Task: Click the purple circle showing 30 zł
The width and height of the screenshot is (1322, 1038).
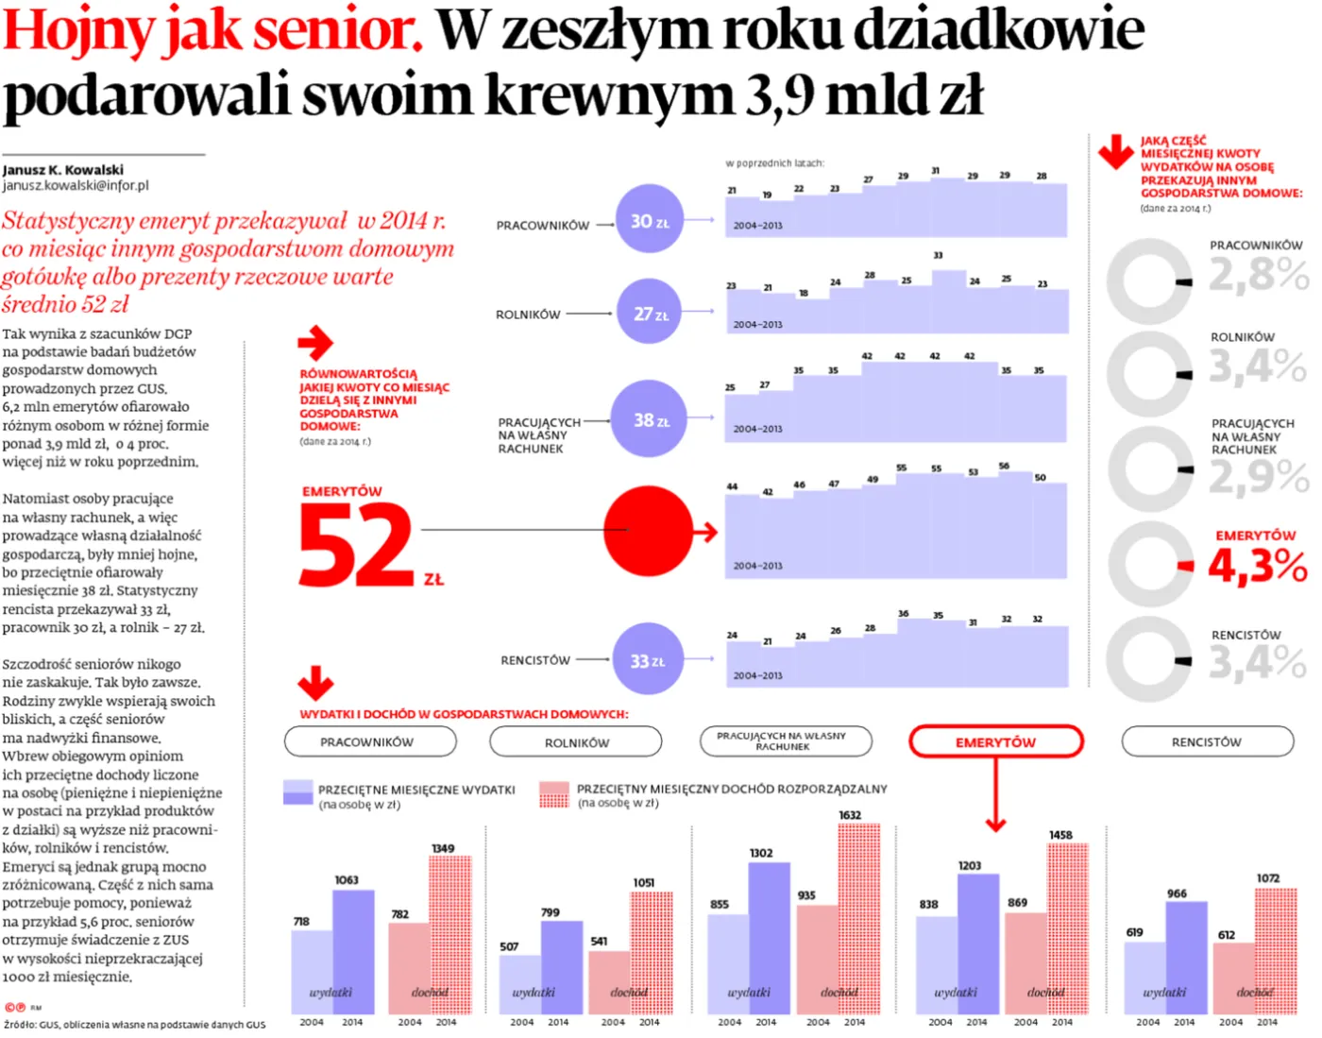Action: click(649, 219)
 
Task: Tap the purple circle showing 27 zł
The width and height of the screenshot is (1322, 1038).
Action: click(649, 313)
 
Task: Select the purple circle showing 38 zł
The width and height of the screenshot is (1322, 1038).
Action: click(649, 418)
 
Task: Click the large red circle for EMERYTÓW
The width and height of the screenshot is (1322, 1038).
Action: click(649, 531)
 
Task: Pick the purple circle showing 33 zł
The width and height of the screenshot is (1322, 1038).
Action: click(647, 659)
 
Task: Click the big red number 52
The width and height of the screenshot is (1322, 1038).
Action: click(357, 545)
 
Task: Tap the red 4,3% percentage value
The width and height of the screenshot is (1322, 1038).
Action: click(1258, 567)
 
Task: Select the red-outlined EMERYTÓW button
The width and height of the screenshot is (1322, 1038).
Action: click(995, 742)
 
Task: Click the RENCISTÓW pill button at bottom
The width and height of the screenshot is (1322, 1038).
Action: click(1207, 742)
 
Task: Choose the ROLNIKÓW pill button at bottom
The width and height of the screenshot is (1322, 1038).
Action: click(576, 742)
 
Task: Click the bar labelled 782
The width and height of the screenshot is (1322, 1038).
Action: click(409, 967)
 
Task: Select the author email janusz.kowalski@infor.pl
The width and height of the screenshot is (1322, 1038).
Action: click(76, 186)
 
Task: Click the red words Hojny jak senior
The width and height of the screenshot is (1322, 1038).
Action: click(212, 30)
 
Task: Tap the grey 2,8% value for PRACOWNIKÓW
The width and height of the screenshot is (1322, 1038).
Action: click(1258, 276)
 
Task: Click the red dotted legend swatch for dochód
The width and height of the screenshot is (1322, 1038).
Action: click(554, 794)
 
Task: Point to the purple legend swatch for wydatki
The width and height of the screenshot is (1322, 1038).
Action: click(297, 792)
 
